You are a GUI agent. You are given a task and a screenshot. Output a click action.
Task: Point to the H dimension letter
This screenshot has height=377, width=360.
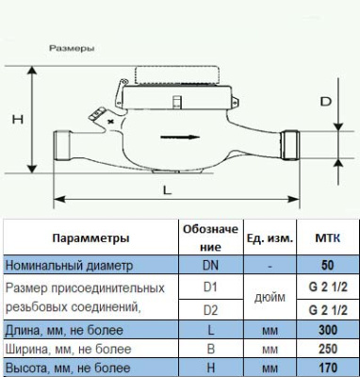coord(15,120)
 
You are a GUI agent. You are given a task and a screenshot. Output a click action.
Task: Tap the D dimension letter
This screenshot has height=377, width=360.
coord(326,100)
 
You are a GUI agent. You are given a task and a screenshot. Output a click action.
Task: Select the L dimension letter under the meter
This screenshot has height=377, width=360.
coord(167,189)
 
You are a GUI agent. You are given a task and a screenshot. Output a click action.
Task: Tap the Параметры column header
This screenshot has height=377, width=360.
coord(90,239)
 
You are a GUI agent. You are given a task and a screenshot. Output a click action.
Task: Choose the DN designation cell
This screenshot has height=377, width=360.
coord(211,265)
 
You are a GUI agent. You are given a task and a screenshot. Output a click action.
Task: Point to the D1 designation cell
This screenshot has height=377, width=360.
coord(211,286)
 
